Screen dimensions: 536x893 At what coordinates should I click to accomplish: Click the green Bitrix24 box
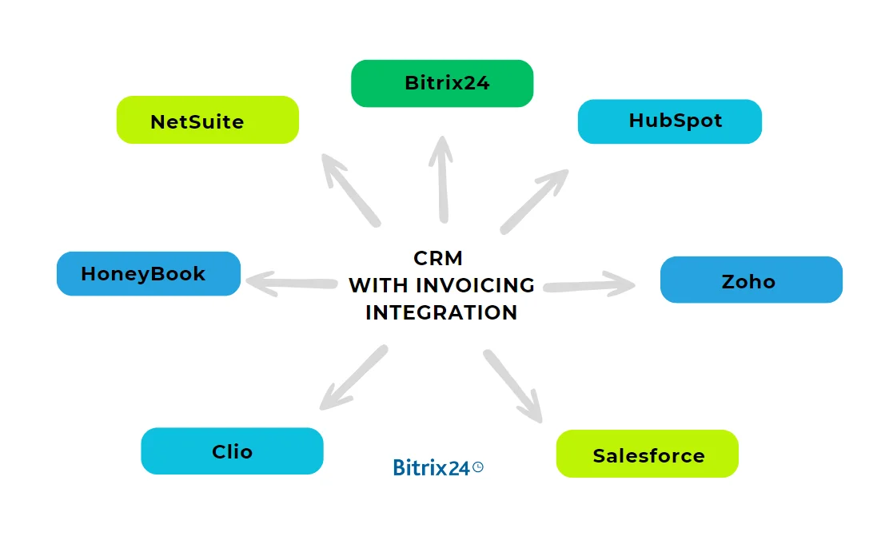coord(442,83)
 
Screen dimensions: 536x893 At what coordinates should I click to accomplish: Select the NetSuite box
coord(207,121)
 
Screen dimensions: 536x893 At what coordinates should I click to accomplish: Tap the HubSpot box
coord(669,121)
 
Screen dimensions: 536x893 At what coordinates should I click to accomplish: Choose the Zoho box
coord(751,280)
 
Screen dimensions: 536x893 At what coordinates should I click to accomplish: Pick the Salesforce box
coord(647,455)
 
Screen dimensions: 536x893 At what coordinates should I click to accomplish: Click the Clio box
coord(232,451)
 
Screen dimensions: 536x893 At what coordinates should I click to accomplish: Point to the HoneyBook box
coord(148,274)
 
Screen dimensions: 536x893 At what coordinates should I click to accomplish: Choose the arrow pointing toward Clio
coord(353,378)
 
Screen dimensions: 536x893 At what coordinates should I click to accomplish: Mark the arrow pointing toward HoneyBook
coord(290,282)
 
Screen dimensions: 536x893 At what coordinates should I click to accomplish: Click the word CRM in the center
coord(438,259)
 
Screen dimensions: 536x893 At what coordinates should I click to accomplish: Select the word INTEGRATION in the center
coord(441,312)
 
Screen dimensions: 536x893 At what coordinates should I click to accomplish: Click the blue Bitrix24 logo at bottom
coord(432,468)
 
